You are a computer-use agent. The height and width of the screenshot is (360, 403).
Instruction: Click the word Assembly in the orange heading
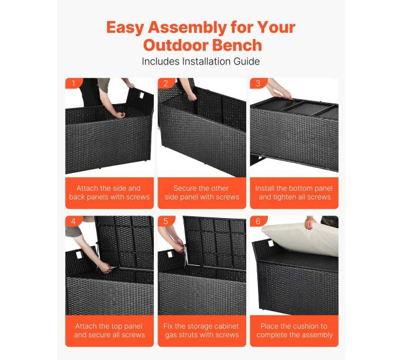(188, 28)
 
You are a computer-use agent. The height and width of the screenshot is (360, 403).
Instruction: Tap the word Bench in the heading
(237, 45)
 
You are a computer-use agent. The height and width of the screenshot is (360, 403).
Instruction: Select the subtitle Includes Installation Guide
(201, 61)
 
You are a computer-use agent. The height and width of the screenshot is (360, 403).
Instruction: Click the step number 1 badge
(74, 84)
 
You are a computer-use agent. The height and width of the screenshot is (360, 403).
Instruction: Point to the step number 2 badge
(166, 84)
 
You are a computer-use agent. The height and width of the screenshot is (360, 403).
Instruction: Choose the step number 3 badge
(259, 84)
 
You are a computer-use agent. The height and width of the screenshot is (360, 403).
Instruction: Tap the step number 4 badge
(74, 221)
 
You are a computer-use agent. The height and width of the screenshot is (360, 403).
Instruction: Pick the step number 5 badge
(166, 221)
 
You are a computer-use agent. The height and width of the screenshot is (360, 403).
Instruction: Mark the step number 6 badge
(259, 221)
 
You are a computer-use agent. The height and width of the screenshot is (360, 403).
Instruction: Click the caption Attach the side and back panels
(109, 193)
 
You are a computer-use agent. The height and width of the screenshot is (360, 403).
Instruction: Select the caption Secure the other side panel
(201, 193)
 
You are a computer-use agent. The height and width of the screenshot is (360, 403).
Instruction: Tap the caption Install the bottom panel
(294, 193)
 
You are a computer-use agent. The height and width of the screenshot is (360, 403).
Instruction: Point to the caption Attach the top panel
(109, 330)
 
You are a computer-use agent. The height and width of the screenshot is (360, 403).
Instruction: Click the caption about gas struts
(201, 330)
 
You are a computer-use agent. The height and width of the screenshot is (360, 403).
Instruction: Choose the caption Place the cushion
(294, 330)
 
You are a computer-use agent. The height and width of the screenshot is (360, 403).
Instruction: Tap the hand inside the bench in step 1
(120, 115)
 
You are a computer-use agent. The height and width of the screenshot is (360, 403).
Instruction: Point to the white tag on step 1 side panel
(141, 95)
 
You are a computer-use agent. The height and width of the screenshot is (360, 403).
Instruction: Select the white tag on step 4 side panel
(78, 256)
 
